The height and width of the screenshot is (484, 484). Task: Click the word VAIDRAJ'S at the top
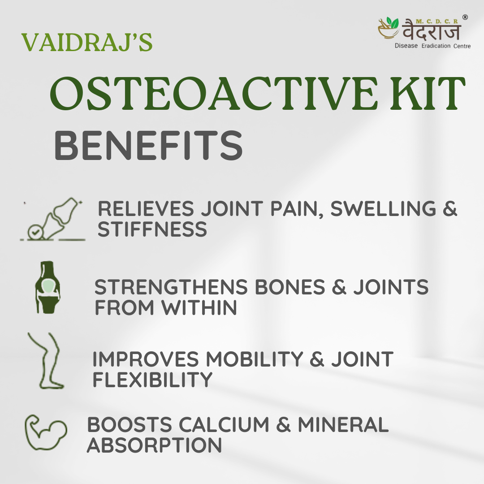pyautogui.click(x=87, y=42)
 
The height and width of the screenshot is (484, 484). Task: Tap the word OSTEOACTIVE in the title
pyautogui.click(x=213, y=94)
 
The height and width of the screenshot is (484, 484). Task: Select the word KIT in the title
pyautogui.click(x=428, y=94)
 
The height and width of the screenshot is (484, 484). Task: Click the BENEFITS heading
pyautogui.click(x=148, y=145)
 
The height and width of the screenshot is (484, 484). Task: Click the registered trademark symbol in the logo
pyautogui.click(x=465, y=17)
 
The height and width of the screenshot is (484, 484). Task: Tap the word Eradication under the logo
pyautogui.click(x=436, y=46)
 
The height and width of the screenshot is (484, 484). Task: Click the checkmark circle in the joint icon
pyautogui.click(x=34, y=233)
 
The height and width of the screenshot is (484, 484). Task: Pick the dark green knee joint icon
pyautogui.click(x=47, y=287)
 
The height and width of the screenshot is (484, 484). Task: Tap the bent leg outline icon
pyautogui.click(x=47, y=360)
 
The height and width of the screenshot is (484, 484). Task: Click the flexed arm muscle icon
pyautogui.click(x=46, y=432)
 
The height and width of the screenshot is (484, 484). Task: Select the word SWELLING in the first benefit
pyautogui.click(x=383, y=208)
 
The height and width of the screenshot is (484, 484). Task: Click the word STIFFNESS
pyautogui.click(x=152, y=229)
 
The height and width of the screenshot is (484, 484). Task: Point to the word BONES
pyautogui.click(x=290, y=287)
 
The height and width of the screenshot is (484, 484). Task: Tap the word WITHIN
pyautogui.click(x=199, y=307)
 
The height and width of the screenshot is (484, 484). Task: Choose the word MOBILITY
pyautogui.click(x=255, y=359)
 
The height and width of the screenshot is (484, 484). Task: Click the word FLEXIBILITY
pyautogui.click(x=152, y=380)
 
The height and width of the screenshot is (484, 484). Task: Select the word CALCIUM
pyautogui.click(x=224, y=424)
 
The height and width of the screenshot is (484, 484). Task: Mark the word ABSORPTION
pyautogui.click(x=154, y=445)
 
